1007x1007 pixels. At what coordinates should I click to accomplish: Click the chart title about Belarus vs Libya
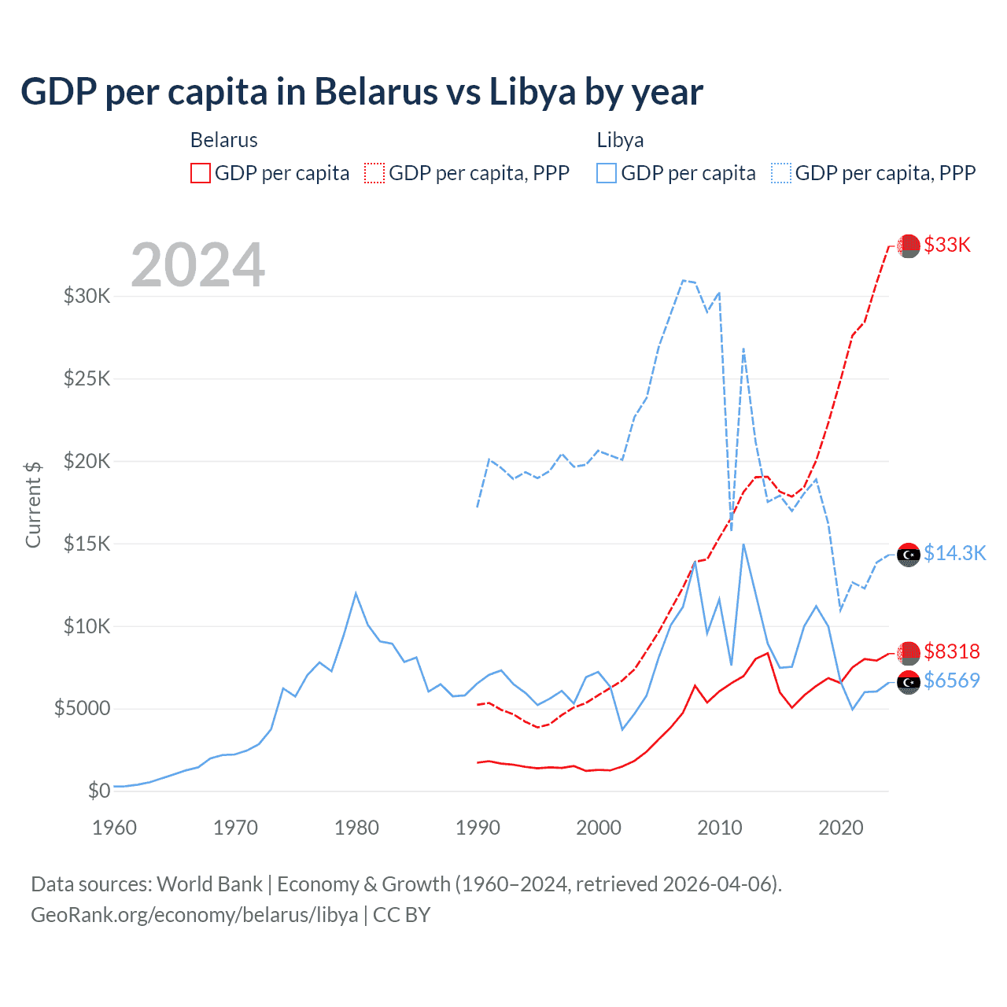point(362,92)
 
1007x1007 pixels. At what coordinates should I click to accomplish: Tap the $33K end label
point(947,245)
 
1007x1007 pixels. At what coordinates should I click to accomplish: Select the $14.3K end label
point(954,553)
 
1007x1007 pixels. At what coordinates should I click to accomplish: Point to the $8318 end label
point(952,651)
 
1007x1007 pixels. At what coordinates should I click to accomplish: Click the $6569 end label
point(952,681)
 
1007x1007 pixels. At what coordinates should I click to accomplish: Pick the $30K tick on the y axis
point(87,297)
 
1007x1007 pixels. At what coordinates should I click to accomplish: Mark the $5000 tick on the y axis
point(83,709)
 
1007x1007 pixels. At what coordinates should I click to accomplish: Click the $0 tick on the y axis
point(99,791)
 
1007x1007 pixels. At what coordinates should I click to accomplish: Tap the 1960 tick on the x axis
point(115,828)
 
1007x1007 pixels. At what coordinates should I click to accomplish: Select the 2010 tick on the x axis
point(720,828)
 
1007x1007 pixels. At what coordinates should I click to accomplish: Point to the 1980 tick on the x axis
point(356,828)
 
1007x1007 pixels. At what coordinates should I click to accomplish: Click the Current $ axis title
point(33,504)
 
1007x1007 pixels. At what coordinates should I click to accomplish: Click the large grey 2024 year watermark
point(197,265)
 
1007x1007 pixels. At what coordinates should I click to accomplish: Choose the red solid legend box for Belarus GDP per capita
point(201,173)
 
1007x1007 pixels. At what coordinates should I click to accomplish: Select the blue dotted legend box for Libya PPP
point(781,173)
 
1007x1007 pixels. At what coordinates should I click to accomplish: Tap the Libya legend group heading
point(620,140)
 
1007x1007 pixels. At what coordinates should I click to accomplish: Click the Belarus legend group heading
point(224,140)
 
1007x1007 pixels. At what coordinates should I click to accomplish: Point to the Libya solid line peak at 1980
point(356,593)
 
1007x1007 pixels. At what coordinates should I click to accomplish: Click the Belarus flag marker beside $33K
point(909,245)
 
